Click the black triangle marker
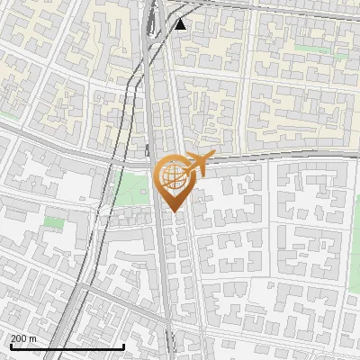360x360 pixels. pyautogui.click(x=181, y=24)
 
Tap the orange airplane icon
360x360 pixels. pyautogui.click(x=197, y=164)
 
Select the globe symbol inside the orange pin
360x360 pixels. pyautogui.click(x=171, y=175)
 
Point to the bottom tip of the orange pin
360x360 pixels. pyautogui.click(x=171, y=211)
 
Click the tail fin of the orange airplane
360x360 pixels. pyautogui.click(x=184, y=160)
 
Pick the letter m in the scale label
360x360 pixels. pyautogui.click(x=34, y=339)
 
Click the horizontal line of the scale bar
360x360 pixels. pyautogui.click(x=67, y=346)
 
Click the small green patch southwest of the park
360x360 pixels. pyautogui.click(x=54, y=221)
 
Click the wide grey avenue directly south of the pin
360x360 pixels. pyautogui.click(x=164, y=270)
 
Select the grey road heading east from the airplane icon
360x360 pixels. pyautogui.click(x=270, y=158)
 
